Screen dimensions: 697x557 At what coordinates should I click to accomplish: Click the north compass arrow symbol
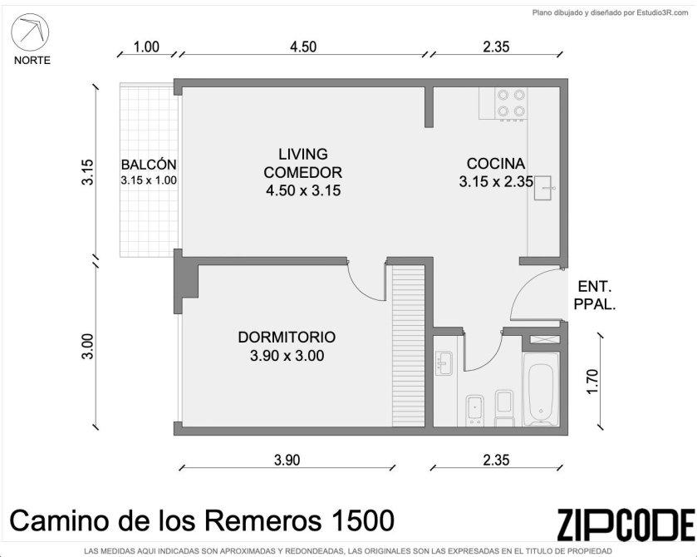point(30,32)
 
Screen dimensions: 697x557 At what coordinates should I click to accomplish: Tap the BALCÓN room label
point(149,165)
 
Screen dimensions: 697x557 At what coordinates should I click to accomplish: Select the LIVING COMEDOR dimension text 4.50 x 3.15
point(303,190)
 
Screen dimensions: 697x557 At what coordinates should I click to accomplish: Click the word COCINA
point(496,164)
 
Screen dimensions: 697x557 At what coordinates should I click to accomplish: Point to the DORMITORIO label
point(287,338)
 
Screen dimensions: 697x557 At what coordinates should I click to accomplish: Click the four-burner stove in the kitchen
point(511,104)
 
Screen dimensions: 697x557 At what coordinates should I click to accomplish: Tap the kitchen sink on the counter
point(544,188)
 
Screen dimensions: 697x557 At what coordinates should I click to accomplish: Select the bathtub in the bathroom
point(541,389)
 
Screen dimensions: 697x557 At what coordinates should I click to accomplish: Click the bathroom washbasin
point(443,363)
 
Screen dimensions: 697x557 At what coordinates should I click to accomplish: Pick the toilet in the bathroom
point(503,408)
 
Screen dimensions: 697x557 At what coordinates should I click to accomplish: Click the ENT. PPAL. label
point(595,295)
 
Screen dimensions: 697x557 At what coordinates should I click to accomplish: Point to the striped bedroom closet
point(409,345)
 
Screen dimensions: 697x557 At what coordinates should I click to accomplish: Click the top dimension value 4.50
point(303,47)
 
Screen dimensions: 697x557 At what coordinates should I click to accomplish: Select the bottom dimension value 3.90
point(287,460)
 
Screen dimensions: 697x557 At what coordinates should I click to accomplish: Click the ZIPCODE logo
point(626,525)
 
